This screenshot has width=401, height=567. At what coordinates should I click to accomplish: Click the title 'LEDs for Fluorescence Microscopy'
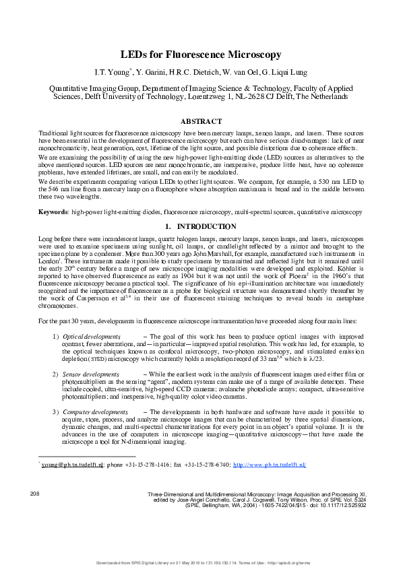pos(200,53)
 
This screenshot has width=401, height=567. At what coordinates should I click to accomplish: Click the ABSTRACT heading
pos(200,121)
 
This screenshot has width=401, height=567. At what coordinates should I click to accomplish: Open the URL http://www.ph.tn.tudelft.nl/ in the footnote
pos(269,465)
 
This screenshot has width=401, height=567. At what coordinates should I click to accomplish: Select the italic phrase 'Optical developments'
pos(91,336)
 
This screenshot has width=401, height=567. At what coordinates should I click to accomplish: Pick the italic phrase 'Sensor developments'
pos(90,373)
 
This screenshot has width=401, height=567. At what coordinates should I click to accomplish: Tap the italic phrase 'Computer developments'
pos(94,411)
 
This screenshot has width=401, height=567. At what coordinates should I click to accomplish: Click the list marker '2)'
pos(55,373)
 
